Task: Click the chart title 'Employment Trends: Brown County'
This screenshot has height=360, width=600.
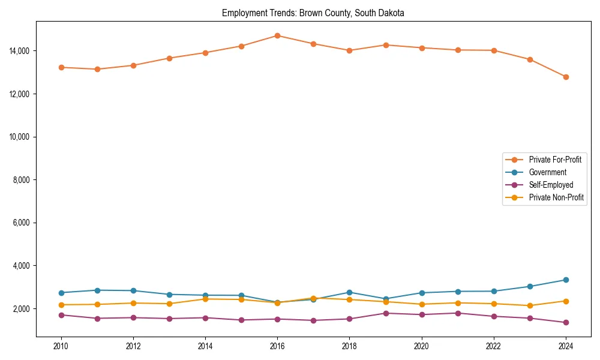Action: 313,13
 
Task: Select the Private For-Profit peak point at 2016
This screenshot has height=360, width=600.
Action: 277,35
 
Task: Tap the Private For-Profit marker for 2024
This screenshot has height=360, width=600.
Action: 566,77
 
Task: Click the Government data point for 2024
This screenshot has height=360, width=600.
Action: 566,280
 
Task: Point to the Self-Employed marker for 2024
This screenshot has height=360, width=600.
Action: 566,323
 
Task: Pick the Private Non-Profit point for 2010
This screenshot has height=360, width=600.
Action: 61,305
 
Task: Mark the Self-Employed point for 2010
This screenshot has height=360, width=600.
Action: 61,315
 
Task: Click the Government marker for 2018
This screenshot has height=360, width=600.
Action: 349,292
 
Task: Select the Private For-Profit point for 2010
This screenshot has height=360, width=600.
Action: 61,67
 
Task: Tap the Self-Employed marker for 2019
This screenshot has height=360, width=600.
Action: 386,313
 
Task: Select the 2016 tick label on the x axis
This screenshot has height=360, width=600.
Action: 277,346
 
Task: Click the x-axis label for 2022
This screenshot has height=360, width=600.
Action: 494,346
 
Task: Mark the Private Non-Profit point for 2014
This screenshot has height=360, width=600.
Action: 205,299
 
